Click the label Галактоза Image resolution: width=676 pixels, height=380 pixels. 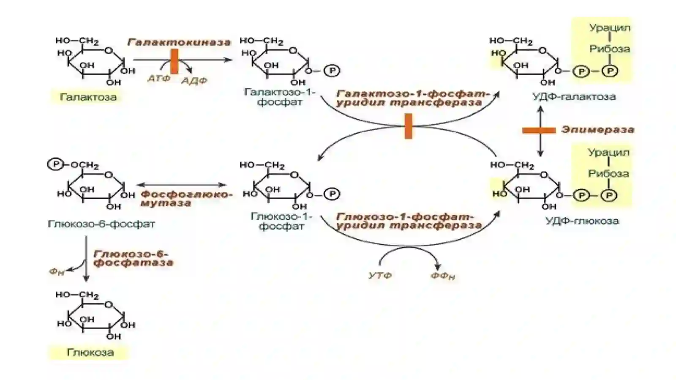(x=88, y=97)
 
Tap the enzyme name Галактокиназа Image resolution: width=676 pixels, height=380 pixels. (x=179, y=42)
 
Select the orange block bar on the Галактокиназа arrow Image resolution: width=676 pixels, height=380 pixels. (x=174, y=62)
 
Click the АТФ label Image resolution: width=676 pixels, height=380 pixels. (x=159, y=79)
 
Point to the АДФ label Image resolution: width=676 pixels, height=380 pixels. (x=194, y=81)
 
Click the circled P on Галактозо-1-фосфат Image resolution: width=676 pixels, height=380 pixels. (x=332, y=71)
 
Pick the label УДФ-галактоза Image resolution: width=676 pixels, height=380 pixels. (x=574, y=96)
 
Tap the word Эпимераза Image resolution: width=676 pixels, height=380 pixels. (x=597, y=130)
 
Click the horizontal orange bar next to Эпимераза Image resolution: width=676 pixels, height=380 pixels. (x=539, y=130)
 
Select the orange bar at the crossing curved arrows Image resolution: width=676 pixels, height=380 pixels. (x=408, y=126)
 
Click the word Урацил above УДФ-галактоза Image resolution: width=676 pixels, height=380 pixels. (x=610, y=28)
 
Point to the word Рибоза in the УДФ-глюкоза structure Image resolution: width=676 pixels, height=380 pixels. (x=609, y=174)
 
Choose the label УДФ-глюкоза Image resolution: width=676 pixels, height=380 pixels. (x=582, y=221)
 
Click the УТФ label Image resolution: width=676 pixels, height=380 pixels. (x=380, y=275)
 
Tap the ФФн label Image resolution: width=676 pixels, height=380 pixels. (x=442, y=276)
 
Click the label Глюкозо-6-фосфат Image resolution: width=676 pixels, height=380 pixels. (x=101, y=224)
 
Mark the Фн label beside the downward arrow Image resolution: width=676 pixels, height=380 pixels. (x=57, y=272)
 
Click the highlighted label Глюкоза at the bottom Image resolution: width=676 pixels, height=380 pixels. (x=90, y=353)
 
